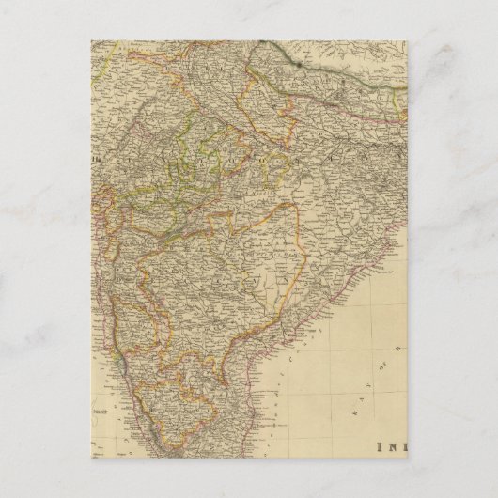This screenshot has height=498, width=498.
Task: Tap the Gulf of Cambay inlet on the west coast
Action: click(106, 221)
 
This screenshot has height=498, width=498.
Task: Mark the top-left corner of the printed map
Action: click(91, 39)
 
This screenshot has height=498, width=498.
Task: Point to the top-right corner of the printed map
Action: click(407, 39)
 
